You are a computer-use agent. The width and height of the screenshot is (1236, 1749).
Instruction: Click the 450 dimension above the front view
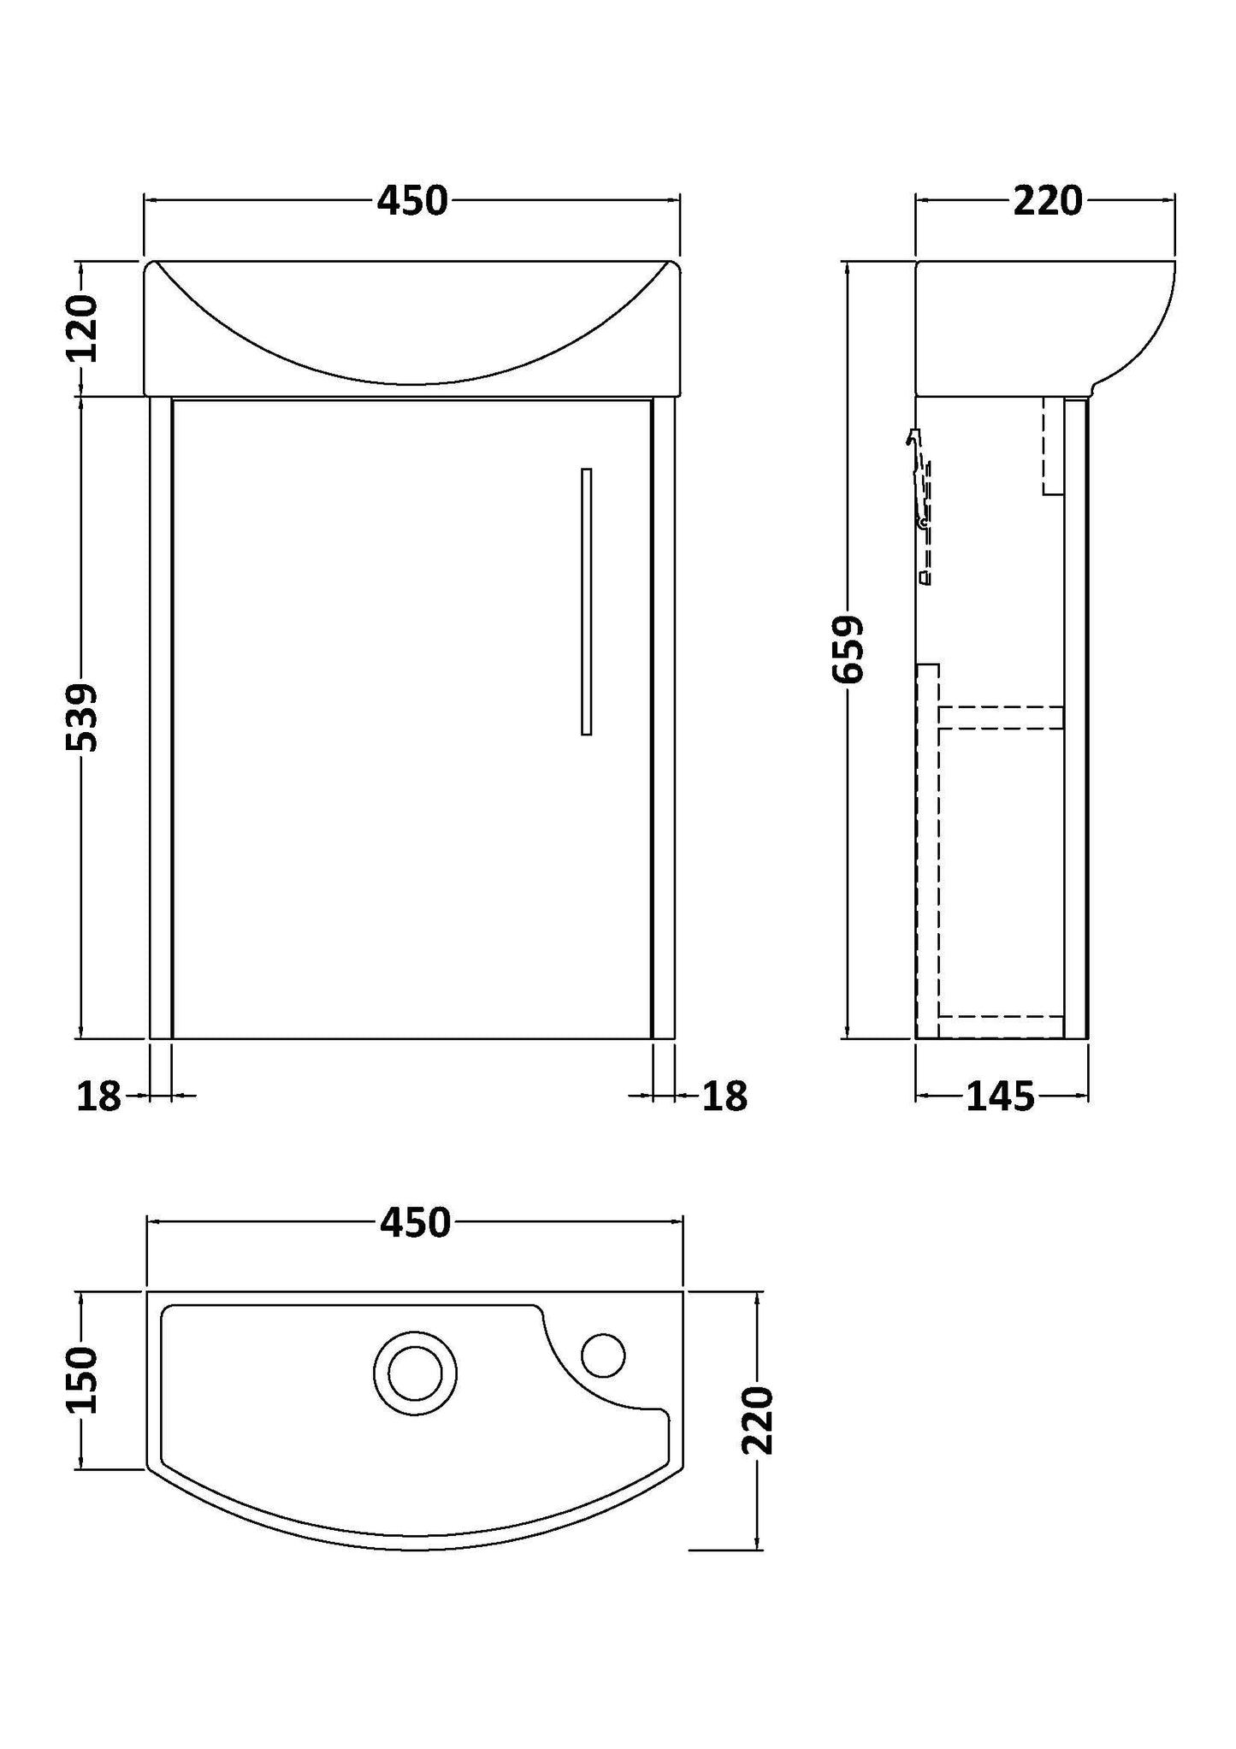[x=412, y=202]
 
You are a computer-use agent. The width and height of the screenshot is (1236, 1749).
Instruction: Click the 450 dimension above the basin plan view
[x=415, y=1224]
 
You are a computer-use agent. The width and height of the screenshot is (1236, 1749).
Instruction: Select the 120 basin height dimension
[x=83, y=328]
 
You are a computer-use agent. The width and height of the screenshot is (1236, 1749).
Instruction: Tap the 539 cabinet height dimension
[x=83, y=717]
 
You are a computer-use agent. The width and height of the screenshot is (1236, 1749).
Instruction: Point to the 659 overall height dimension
[x=849, y=649]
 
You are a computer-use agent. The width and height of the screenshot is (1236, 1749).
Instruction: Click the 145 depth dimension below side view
[x=1000, y=1096]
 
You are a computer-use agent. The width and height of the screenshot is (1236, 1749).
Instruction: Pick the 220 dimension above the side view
[x=1047, y=202]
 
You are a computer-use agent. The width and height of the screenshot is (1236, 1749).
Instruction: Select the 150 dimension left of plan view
[x=83, y=1379]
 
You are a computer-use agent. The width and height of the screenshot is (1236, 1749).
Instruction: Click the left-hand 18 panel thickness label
[x=99, y=1096]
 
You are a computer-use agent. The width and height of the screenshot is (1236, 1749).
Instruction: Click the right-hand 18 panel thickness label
[x=724, y=1096]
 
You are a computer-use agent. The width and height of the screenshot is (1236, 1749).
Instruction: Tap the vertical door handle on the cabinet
[x=586, y=601]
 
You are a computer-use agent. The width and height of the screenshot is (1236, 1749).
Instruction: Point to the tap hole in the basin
[x=603, y=1356]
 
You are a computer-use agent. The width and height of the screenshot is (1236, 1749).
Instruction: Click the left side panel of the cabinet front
[x=161, y=718]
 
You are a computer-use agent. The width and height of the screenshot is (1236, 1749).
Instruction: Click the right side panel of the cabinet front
[x=663, y=718]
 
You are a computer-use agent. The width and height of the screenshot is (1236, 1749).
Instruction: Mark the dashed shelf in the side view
[x=1001, y=717]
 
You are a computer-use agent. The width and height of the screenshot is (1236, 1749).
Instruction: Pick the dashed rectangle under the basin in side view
[x=1053, y=445]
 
